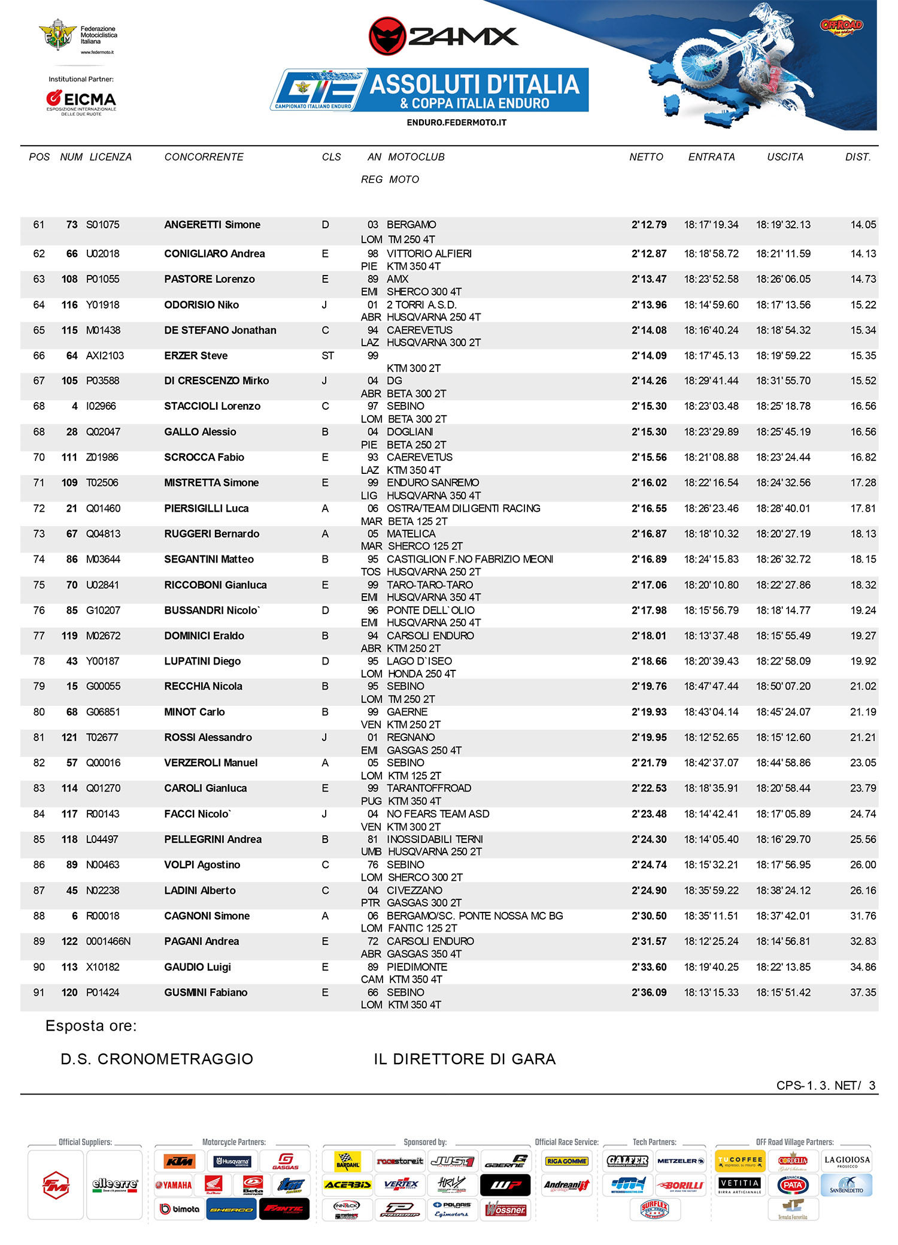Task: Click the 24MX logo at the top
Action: click(444, 36)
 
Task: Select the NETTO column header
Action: click(646, 157)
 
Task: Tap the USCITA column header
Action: click(785, 157)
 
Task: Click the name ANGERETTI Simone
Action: click(212, 225)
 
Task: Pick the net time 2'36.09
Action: click(649, 993)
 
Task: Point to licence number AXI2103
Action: click(105, 356)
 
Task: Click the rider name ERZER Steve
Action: click(196, 356)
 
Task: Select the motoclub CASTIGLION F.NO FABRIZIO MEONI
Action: click(470, 560)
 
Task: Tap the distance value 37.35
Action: click(863, 993)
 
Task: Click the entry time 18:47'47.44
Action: click(711, 687)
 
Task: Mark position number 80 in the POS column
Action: click(39, 712)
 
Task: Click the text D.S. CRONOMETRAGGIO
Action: click(157, 1059)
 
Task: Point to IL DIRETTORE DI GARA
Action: click(465, 1059)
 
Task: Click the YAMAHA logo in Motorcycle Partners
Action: click(174, 1185)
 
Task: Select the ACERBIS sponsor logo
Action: click(347, 1185)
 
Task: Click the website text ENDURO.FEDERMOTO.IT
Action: click(456, 123)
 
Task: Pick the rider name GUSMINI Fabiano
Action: click(205, 993)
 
